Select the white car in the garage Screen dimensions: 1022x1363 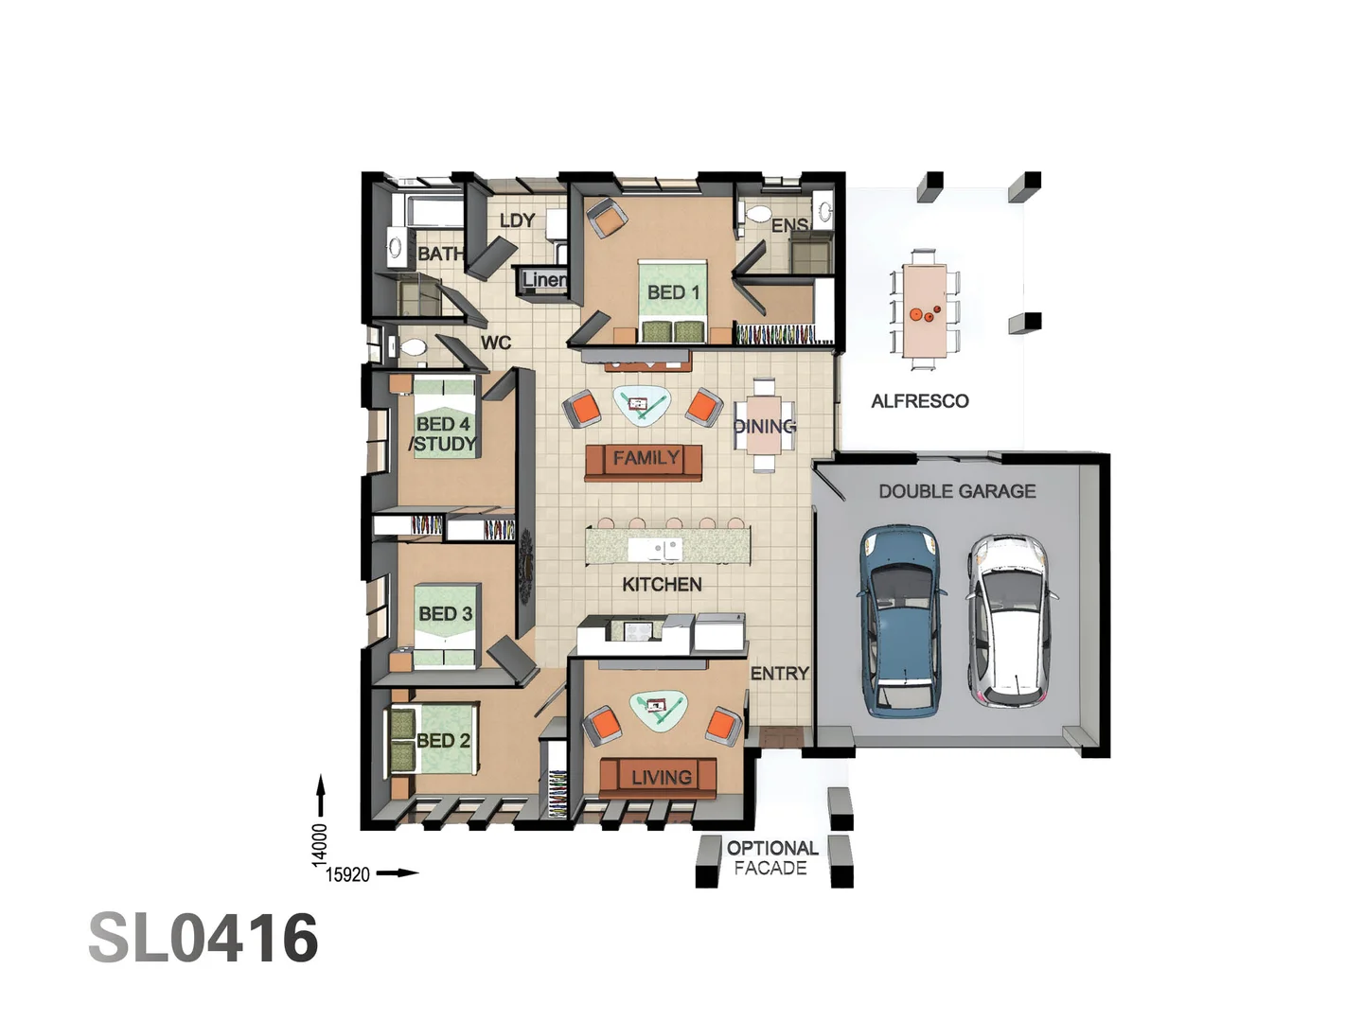[x=1009, y=621]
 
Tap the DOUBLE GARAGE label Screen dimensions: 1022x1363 [x=957, y=491]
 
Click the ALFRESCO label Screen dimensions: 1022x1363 [x=919, y=401]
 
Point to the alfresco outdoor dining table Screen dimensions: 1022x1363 [x=923, y=308]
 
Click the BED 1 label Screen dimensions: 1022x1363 [x=673, y=292]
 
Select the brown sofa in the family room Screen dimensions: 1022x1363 [x=644, y=461]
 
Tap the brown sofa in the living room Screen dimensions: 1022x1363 [x=658, y=778]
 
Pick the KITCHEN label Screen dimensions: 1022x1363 [x=662, y=585]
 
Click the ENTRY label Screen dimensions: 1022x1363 [x=779, y=674]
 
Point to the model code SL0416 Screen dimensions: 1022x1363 [x=204, y=939]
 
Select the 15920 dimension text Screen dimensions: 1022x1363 [x=347, y=874]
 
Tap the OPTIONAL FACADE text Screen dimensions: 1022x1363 [x=771, y=858]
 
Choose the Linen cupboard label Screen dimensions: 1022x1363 [x=544, y=279]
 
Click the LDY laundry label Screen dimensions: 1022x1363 [x=517, y=220]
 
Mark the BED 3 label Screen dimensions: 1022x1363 [x=445, y=614]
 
